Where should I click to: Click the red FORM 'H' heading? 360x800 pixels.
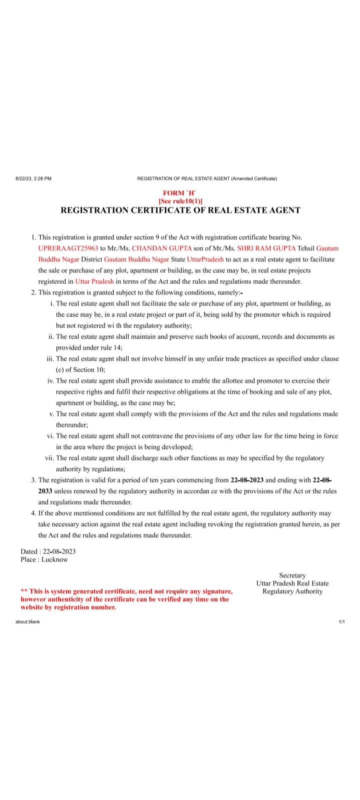[x=180, y=193]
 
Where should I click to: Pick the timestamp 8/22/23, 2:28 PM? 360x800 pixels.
[x=33, y=178]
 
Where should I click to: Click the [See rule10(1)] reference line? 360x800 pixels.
[x=180, y=201]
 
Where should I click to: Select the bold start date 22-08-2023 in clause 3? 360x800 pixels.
[x=247, y=480]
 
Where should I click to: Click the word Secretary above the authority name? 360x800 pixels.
[x=292, y=575]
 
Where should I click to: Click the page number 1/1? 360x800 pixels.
[x=342, y=621]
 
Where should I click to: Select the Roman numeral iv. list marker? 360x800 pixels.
[x=50, y=381]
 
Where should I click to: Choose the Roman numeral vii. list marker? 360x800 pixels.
[x=49, y=458]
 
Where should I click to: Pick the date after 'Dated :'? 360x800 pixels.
[x=59, y=551]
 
